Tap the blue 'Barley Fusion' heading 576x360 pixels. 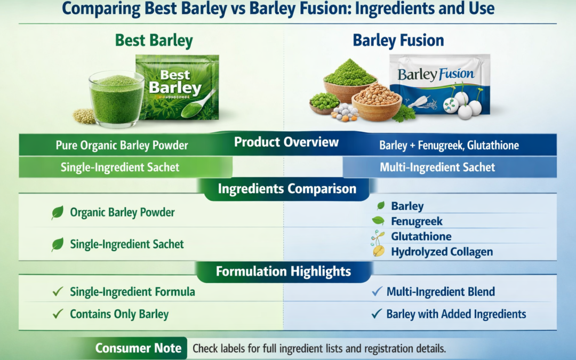pos(398,41)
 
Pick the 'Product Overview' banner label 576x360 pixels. pos(286,142)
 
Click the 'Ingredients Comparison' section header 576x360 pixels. pos(287,189)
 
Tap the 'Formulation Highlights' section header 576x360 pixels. pos(283,271)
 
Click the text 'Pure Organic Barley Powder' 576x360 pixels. pos(122,145)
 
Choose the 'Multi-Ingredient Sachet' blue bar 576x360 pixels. pos(437,167)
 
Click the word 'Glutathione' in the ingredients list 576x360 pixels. pos(421,236)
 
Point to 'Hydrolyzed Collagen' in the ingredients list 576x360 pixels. pos(442,252)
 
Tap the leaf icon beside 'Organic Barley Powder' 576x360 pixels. pos(57,213)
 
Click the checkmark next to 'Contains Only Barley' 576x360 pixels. pos(58,314)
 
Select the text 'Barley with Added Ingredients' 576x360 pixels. pos(456,314)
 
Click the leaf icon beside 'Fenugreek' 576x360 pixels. pos(378,221)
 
